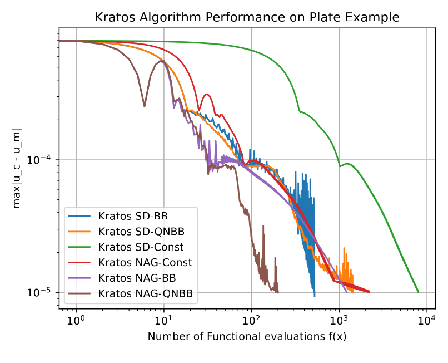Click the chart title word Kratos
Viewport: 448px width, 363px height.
[113, 17]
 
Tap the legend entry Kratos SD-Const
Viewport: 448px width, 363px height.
[137, 246]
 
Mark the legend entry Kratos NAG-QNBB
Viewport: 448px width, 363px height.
[138, 293]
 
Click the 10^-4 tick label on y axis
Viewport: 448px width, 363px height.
[48, 160]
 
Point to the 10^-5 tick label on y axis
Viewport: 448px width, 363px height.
[48, 292]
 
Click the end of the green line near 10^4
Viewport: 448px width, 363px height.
[418, 292]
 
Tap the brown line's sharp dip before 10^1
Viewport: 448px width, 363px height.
[145, 106]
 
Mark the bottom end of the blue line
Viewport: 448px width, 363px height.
[314, 295]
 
